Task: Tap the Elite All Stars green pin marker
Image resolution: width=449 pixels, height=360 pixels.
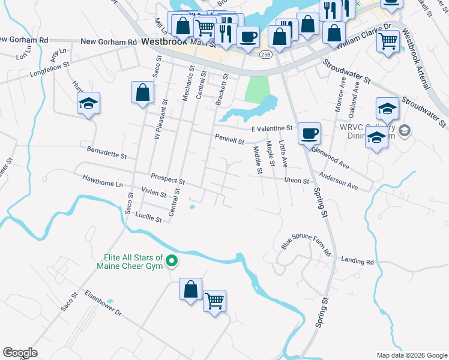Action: (x=171, y=260)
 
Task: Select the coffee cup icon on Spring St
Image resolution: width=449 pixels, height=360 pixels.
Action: (x=309, y=133)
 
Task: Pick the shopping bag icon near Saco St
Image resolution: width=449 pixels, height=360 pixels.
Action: (x=142, y=93)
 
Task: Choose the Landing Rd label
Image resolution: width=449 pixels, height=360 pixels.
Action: (x=357, y=261)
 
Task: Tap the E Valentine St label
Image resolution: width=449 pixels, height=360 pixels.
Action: (x=271, y=128)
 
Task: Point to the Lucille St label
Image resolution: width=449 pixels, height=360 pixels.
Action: (x=148, y=218)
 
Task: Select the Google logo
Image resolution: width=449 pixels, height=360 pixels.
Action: (x=20, y=353)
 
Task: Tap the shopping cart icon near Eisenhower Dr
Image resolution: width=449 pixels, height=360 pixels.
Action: (x=214, y=301)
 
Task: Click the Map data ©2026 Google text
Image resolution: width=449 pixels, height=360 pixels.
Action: (x=411, y=355)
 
